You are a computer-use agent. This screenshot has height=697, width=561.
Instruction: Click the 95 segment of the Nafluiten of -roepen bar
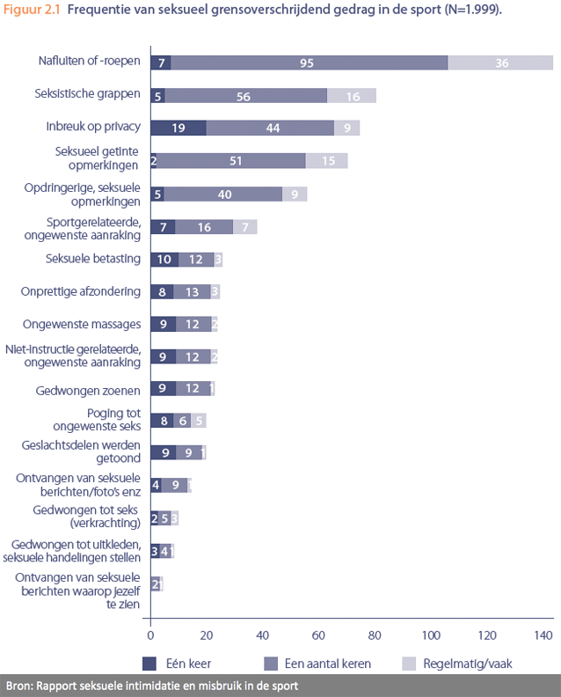tap(307, 62)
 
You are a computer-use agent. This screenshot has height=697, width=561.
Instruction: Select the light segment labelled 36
tap(500, 62)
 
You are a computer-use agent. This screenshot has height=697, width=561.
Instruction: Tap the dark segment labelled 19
tap(178, 128)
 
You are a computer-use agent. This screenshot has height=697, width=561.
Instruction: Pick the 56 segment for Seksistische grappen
tap(245, 95)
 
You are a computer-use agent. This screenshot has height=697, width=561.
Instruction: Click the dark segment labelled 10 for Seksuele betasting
tap(164, 259)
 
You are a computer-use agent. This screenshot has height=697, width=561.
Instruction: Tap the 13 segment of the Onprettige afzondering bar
tap(192, 291)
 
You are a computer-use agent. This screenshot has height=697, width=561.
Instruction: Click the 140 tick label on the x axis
tap(543, 635)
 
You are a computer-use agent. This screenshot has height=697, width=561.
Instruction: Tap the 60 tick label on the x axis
tap(318, 635)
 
